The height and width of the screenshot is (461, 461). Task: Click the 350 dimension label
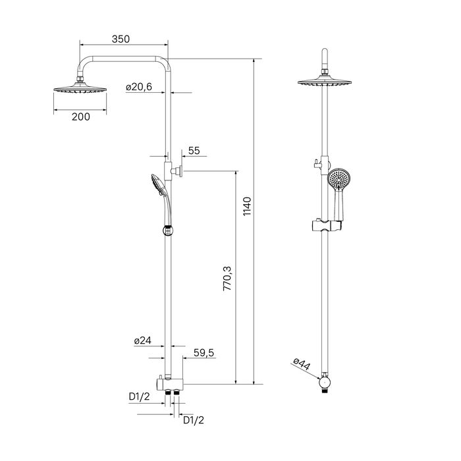(120, 39)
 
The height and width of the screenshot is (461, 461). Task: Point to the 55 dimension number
(194, 151)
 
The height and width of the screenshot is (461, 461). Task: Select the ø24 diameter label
(143, 340)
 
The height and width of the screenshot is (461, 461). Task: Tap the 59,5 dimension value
(204, 353)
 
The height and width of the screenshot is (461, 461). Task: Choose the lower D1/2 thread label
(193, 420)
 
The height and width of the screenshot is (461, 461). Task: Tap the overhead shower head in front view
(324, 83)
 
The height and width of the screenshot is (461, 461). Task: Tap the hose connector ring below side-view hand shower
(166, 230)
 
